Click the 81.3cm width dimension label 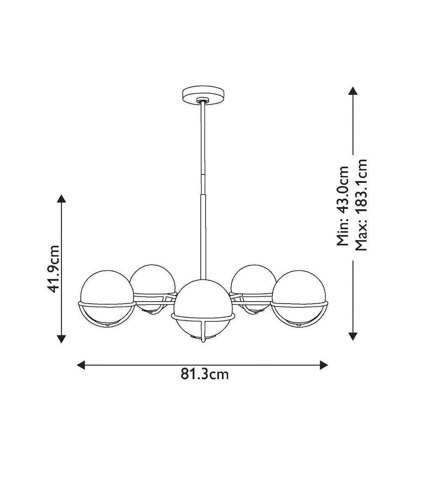point(205,374)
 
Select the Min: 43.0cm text point(342,206)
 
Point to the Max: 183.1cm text point(361,205)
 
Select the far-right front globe point(298,298)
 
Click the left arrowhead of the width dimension point(81,365)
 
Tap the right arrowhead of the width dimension point(324,365)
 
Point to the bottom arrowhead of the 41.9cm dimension point(61,339)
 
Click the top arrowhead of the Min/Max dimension point(352,91)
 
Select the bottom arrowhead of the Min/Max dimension point(352,336)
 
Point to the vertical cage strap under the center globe point(203,330)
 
